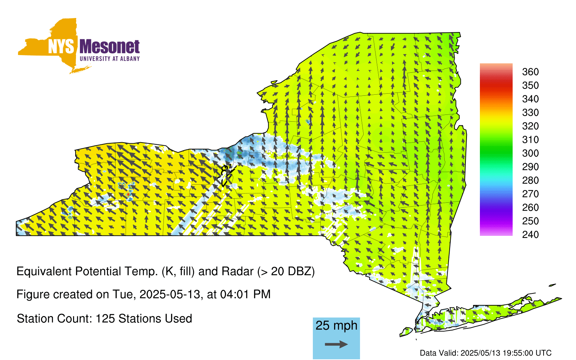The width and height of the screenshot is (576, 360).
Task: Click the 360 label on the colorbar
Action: (530, 72)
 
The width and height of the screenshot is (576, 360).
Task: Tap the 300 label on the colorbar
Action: (530, 153)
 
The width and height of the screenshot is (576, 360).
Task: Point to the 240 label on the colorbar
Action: (530, 234)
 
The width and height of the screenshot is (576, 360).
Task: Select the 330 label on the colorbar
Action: (530, 113)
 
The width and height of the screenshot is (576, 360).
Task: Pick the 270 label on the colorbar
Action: (530, 194)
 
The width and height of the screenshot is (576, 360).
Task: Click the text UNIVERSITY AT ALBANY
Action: (110, 59)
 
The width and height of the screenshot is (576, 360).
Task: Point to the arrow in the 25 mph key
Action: (336, 344)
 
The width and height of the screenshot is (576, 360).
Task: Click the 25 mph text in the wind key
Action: (336, 325)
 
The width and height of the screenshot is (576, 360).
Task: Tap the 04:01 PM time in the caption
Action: (245, 294)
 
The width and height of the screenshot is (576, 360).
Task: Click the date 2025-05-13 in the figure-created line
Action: (170, 294)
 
